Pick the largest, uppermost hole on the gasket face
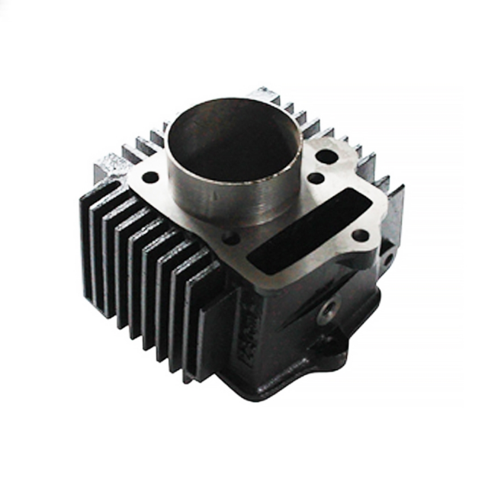tap(326, 158)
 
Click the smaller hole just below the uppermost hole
tap(315, 179)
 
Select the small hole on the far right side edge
tap(387, 259)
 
